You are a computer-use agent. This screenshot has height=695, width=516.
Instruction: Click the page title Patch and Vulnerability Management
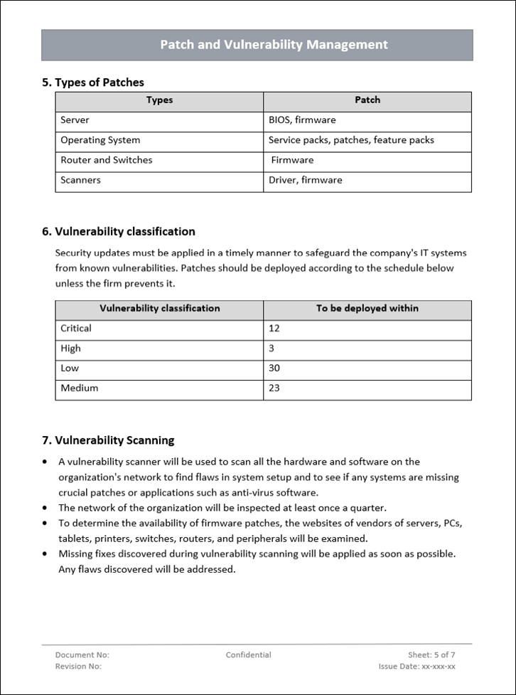(274, 45)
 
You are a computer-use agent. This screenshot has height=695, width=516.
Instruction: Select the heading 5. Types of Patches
(93, 83)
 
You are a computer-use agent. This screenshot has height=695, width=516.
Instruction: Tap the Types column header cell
(159, 100)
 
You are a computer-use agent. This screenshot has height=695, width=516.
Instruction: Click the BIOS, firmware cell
(302, 120)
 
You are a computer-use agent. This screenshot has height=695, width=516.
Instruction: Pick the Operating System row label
(100, 140)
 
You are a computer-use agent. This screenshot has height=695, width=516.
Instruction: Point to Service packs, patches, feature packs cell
(351, 140)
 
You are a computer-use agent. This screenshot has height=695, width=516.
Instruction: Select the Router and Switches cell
(106, 160)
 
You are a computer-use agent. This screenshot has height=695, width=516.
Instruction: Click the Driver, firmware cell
(305, 180)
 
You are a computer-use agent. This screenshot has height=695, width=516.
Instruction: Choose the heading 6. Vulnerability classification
(119, 231)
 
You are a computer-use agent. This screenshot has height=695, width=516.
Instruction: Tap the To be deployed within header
(367, 309)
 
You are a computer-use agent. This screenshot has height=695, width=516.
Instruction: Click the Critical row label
(76, 329)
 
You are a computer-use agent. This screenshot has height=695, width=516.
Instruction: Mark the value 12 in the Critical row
(274, 329)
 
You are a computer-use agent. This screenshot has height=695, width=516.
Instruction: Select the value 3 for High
(272, 349)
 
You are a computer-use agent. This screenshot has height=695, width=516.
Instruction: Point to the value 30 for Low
(274, 368)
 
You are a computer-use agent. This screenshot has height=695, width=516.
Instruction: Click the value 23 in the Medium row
(274, 388)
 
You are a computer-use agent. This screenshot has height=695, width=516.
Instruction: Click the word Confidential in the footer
(249, 655)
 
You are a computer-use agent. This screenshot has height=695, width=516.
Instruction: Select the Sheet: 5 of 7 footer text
(431, 655)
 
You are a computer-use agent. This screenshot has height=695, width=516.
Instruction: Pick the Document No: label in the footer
(82, 655)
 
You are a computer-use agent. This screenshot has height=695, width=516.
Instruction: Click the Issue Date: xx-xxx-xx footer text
(417, 667)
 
